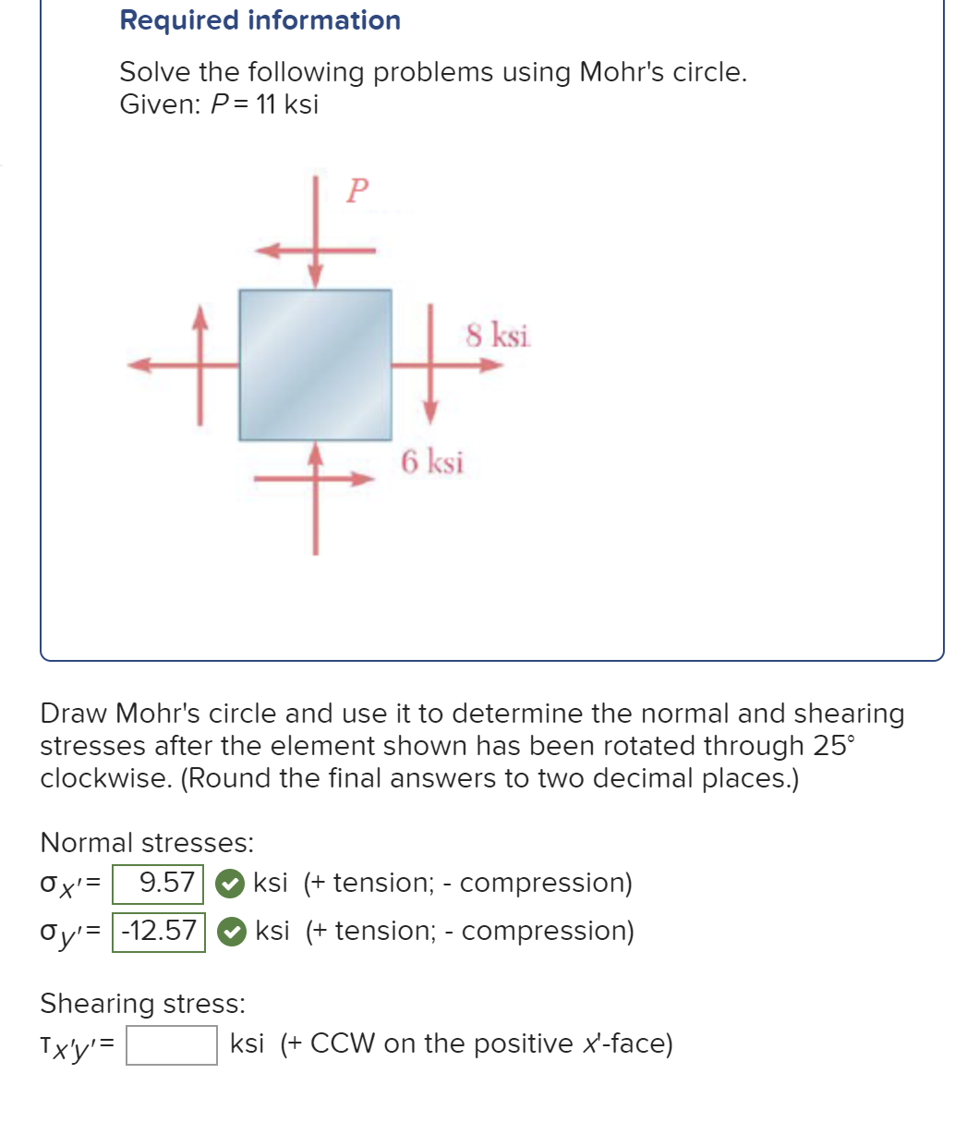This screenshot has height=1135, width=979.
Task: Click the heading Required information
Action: click(x=260, y=20)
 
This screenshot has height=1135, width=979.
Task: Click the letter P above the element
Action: click(x=357, y=190)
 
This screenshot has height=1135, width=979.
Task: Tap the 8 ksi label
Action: click(x=498, y=335)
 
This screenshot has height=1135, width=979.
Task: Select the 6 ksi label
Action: click(x=432, y=460)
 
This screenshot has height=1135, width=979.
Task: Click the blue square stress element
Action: click(x=315, y=364)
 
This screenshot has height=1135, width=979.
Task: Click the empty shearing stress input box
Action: click(x=172, y=1045)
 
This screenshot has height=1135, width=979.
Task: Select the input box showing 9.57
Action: click(x=158, y=883)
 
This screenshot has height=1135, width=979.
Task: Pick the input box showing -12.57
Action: click(x=159, y=931)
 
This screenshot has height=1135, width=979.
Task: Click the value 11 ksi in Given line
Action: click(x=287, y=104)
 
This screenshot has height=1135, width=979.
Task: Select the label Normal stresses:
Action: click(x=147, y=843)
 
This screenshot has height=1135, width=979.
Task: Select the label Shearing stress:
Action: click(x=143, y=1003)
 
